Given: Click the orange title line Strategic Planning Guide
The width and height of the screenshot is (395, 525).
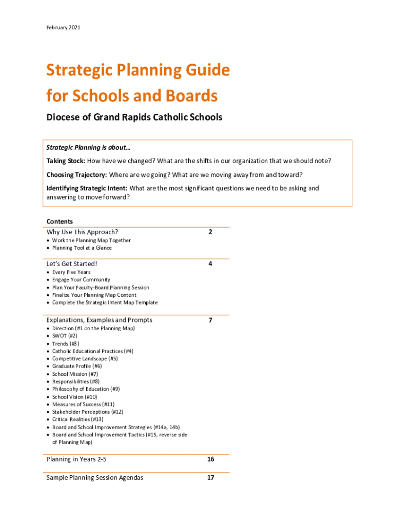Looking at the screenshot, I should point(138,71).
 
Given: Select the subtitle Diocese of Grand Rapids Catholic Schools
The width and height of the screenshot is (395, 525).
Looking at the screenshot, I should point(134,117).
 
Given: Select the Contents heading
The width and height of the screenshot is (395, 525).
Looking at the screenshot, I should point(60,221).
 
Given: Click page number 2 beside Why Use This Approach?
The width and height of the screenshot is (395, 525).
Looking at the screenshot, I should point(210,232).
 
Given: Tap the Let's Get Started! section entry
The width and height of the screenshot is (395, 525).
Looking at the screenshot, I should point(72,264).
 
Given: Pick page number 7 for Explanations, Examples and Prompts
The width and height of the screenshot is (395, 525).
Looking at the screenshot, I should point(210,320).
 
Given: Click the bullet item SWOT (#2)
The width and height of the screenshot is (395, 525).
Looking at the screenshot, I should point(65,336).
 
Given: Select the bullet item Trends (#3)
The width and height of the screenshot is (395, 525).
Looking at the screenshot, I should point(66,344).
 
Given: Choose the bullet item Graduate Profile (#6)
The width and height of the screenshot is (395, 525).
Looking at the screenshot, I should point(77,366).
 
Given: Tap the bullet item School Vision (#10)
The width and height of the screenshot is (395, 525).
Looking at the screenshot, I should point(74,397).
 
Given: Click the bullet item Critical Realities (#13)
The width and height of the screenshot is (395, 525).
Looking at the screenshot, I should point(77,419).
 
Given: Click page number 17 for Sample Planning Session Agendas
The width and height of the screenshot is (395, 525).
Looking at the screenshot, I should point(210,478).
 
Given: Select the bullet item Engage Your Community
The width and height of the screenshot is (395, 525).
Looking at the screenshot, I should point(81,280).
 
